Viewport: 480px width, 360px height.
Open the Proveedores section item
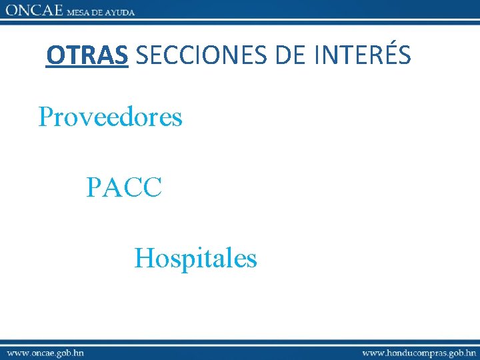click(110, 117)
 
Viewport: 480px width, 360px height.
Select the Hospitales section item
click(195, 257)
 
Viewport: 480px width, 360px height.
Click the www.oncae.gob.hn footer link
click(45, 351)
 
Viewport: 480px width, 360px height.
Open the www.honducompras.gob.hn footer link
click(419, 351)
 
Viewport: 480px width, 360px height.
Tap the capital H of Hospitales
click(143, 257)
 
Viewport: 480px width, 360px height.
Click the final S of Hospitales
click(251, 259)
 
